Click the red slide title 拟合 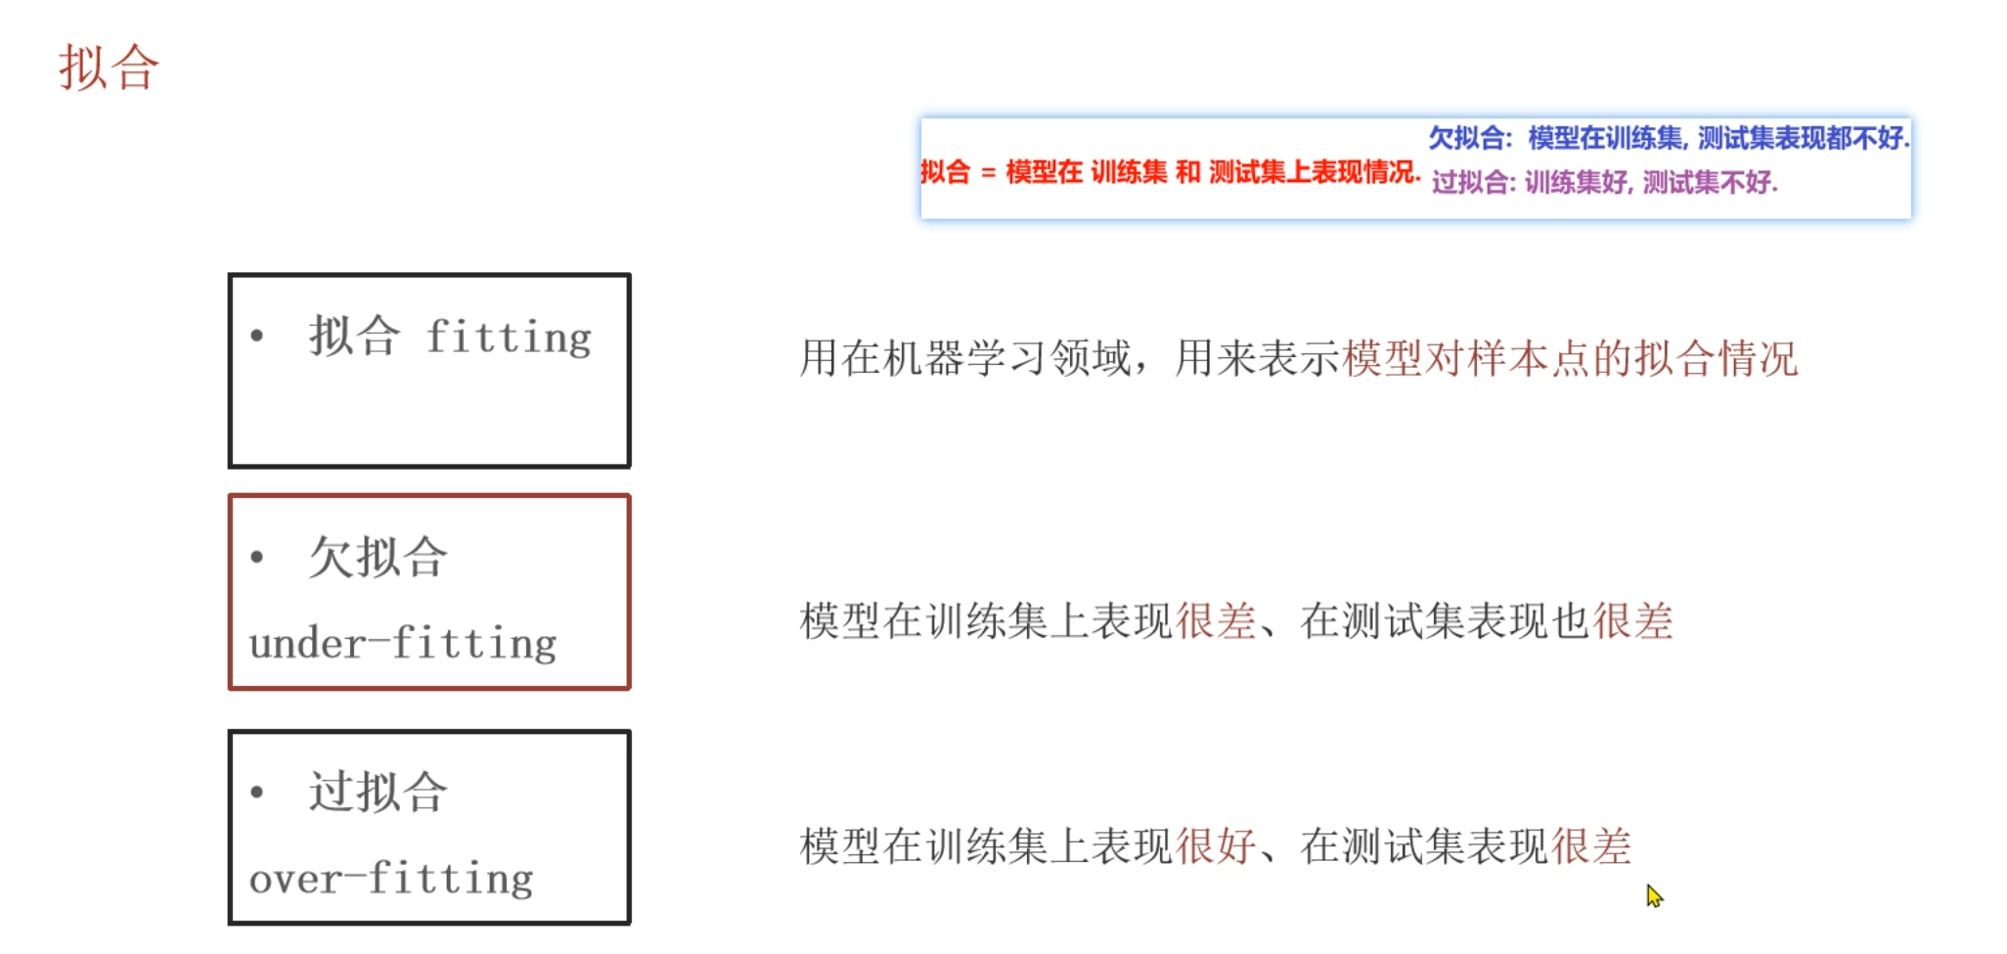[109, 68]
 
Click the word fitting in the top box [509, 338]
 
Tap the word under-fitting [403, 644]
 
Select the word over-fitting [391, 878]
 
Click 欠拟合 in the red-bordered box [379, 558]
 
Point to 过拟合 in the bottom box [379, 792]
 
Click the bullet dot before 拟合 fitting [257, 337]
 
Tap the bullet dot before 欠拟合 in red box [257, 558]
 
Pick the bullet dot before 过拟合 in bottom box [257, 792]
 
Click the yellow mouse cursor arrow [1653, 895]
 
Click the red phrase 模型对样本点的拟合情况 [1569, 359]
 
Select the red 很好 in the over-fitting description [1216, 846]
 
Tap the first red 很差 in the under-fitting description [1216, 621]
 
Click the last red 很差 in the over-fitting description [1591, 846]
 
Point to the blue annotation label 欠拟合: [1470, 138]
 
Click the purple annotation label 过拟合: [1473, 182]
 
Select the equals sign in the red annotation [988, 173]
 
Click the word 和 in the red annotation [1187, 172]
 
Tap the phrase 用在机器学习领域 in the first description [964, 359]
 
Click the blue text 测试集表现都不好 [1802, 138]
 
